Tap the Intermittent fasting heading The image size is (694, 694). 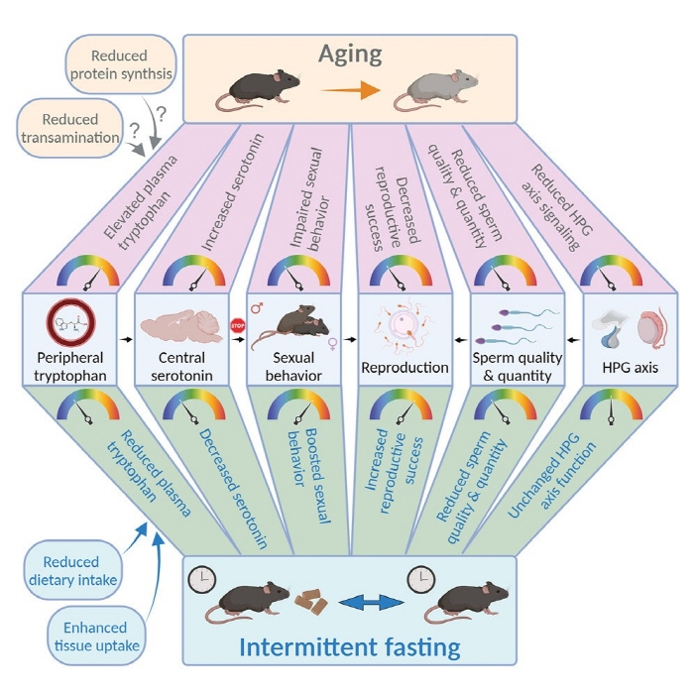point(351,648)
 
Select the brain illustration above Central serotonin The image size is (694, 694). point(182,328)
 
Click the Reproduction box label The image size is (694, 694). point(406,368)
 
